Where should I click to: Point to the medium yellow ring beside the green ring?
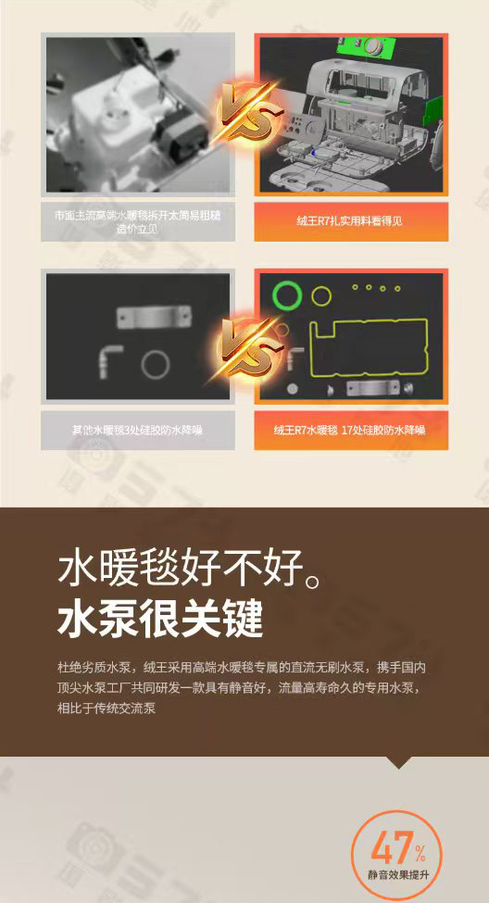pyautogui.click(x=320, y=296)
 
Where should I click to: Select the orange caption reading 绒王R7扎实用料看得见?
pyautogui.click(x=351, y=221)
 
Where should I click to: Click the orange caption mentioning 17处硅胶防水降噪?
pyautogui.click(x=351, y=430)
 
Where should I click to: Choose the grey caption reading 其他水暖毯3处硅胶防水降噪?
pyautogui.click(x=136, y=430)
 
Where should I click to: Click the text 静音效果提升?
pyautogui.click(x=397, y=876)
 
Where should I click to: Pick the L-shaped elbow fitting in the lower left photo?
pyautogui.click(x=107, y=357)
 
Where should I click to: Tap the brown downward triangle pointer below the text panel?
pyautogui.click(x=398, y=762)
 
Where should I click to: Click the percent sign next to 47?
pyautogui.click(x=420, y=852)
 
